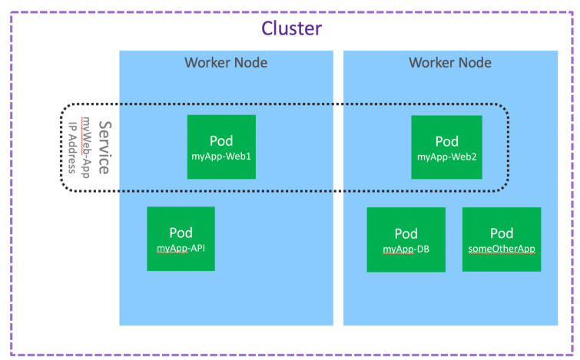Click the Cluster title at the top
[291, 29]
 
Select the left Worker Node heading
[226, 62]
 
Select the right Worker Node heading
[450, 62]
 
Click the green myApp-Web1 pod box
[221, 147]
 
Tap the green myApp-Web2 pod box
[446, 147]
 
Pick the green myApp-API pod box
[181, 238]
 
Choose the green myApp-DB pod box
[406, 239]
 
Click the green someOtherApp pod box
[501, 239]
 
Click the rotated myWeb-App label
[86, 147]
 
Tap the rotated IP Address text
[72, 147]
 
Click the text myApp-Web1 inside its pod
[221, 157]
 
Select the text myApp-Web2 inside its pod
[446, 157]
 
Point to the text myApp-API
[181, 247]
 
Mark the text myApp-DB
[406, 249]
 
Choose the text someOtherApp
[501, 249]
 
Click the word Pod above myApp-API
[181, 232]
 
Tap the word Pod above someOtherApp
[501, 233]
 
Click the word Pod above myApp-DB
[406, 233]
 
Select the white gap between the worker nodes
[338, 230]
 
